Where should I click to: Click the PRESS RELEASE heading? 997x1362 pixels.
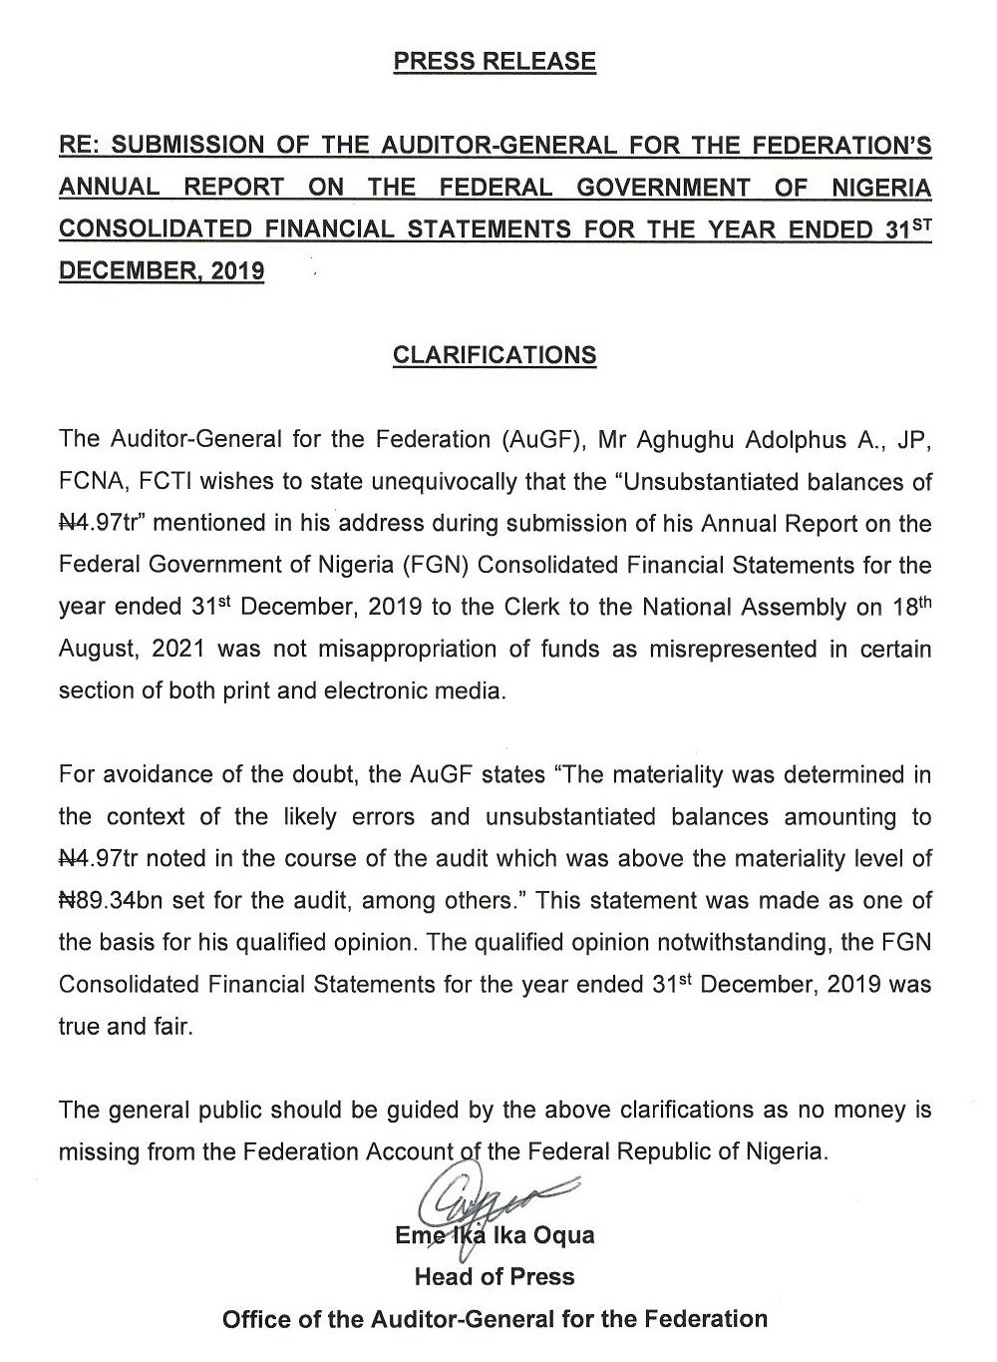tap(495, 62)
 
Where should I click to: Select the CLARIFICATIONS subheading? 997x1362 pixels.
tap(495, 355)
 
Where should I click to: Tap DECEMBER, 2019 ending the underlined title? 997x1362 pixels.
tap(162, 271)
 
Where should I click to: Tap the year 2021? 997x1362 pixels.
tap(178, 649)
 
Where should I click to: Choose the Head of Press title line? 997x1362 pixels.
tap(495, 1277)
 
